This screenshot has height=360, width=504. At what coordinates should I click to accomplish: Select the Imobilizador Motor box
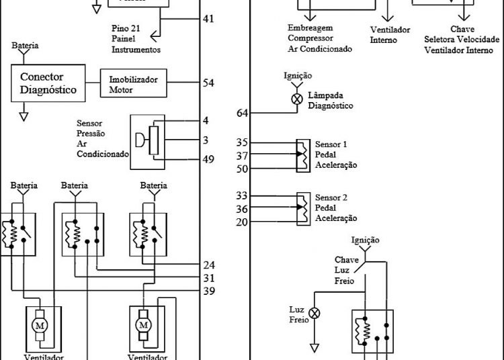pos(134,83)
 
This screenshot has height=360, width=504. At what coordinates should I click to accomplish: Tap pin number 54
pos(209,83)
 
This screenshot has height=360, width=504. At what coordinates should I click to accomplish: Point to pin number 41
pos(209,19)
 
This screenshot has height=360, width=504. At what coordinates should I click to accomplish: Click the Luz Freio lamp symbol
pos(313,313)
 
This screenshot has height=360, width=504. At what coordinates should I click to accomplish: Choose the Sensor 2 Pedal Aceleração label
pos(335,208)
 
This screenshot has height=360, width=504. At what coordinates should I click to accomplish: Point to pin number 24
pos(209,265)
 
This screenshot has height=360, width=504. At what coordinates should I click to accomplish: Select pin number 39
pos(209,290)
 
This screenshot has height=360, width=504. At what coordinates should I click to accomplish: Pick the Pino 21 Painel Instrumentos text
pos(136,40)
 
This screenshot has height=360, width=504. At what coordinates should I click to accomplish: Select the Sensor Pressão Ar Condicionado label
pos(102,138)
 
